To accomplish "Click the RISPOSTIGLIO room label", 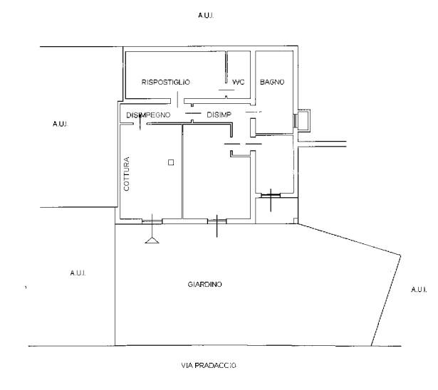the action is [166, 82].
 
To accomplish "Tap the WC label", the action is [239, 82].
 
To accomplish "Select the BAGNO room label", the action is [272, 82].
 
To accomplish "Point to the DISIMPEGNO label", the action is [148, 115].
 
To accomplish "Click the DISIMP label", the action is [219, 115].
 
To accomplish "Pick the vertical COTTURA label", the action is [127, 174].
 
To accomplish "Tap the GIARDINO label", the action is [204, 285].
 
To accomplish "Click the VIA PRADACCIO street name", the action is [209, 365].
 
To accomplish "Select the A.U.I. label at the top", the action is [206, 16].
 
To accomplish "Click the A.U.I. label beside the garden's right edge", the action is [419, 290].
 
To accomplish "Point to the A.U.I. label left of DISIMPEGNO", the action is [61, 124].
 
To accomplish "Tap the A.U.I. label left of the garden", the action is [78, 273].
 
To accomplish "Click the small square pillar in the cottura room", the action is [171, 162].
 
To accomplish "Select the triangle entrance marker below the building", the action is [152, 240].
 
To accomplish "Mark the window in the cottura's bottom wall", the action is [152, 221].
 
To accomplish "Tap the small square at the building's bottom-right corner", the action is [296, 221].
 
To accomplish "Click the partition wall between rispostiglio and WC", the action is [226, 67].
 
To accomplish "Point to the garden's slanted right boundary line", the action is [386, 300].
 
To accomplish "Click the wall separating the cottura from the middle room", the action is [182, 172].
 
